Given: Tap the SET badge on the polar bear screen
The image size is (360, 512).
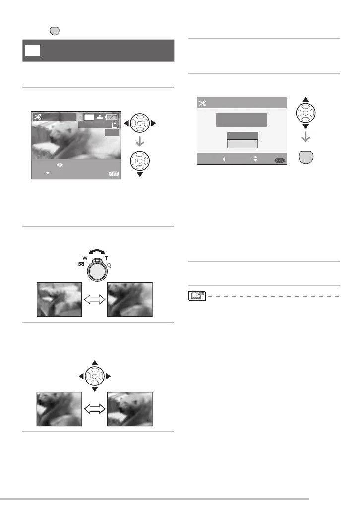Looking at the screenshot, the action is pyautogui.click(x=114, y=174).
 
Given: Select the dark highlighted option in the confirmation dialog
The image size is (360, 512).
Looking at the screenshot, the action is pyautogui.click(x=242, y=136).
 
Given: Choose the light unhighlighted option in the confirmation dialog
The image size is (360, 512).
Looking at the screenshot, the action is pyautogui.click(x=242, y=144).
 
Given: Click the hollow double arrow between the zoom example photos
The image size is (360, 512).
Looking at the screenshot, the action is pyautogui.click(x=94, y=299).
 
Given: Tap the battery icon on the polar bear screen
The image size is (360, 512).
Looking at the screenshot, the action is pyautogui.click(x=113, y=117).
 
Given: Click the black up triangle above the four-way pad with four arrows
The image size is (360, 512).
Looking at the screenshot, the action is pyautogui.click(x=94, y=363).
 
